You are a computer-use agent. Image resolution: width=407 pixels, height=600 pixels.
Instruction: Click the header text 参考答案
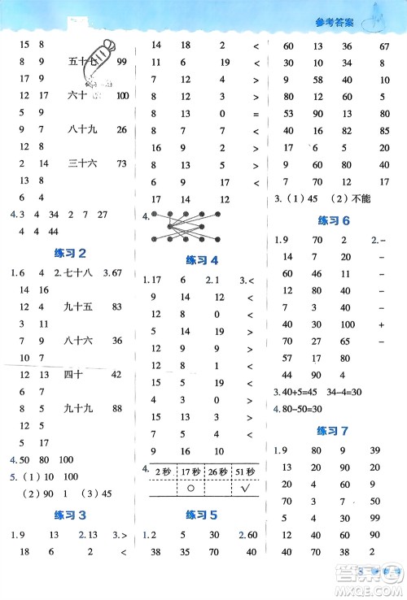coord(335,23)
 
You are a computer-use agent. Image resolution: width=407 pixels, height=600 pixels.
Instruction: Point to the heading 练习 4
coord(203,260)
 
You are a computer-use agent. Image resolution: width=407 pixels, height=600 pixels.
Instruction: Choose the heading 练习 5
coord(202,514)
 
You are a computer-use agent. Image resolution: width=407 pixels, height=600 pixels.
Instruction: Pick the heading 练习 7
coord(335,429)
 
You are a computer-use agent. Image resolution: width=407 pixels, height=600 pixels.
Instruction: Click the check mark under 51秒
coord(243,490)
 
